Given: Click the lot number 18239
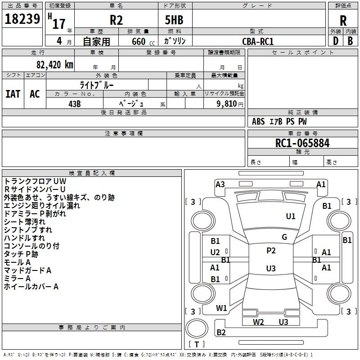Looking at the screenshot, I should pos(22,19).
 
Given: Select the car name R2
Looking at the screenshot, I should pos(117,20).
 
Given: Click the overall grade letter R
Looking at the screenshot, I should pos(343,21).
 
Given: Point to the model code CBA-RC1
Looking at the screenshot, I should pos(258,41).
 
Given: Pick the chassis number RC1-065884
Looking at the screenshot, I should pos(302,143).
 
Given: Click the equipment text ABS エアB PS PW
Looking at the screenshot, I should pos(279,121).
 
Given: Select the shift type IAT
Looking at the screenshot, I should pos(13,94).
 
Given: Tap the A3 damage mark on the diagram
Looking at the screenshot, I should pos(220,184).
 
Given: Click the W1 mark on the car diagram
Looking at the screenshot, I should pos(221,308).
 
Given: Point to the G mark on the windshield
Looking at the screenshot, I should pos(284,237).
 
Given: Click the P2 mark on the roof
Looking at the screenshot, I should pos(271,251).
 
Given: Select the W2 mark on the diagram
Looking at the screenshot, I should pos(258,322).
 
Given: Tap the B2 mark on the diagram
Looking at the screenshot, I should pos(221,333).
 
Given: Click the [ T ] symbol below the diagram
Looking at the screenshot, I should pos(197,344).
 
